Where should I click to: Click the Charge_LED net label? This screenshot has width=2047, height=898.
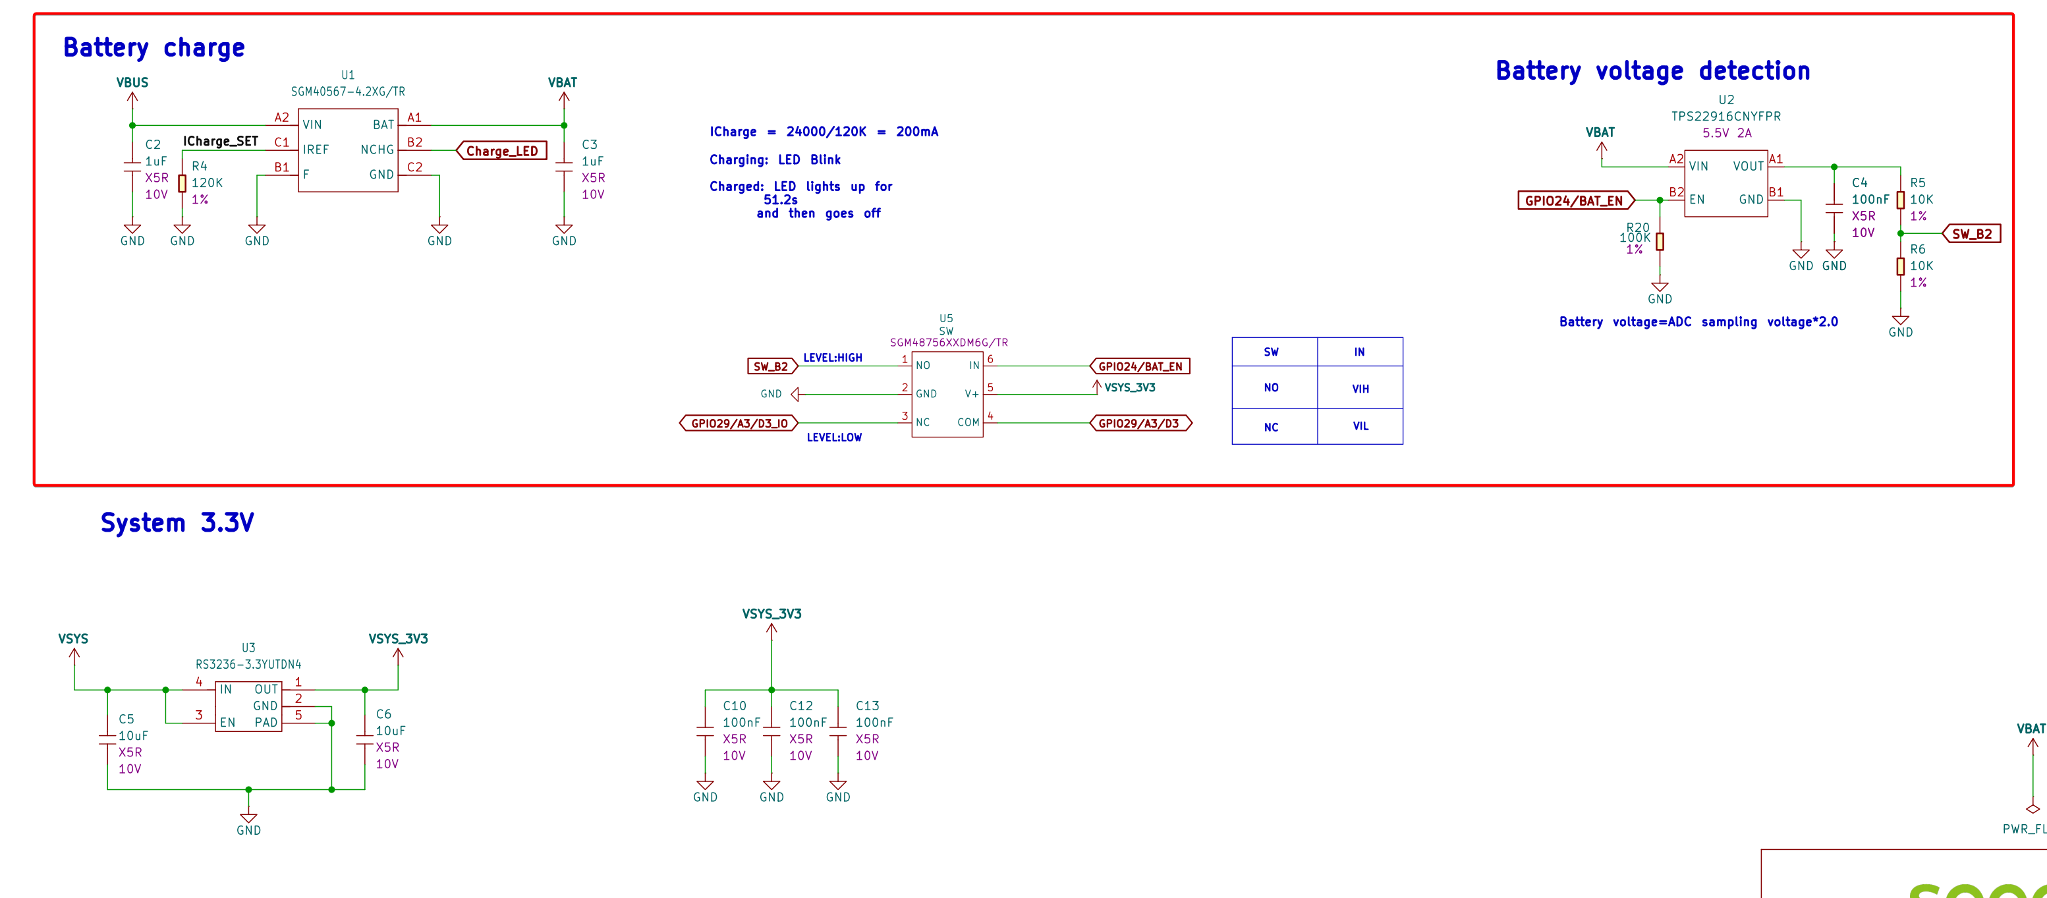tap(501, 151)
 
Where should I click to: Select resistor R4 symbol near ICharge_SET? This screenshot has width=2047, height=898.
tap(182, 184)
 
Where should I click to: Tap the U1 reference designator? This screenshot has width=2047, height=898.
tap(348, 74)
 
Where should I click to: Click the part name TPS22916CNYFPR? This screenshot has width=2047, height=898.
tap(1726, 116)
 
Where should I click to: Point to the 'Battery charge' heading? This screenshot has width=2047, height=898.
tap(154, 47)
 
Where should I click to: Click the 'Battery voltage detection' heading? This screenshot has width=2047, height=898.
tap(1653, 70)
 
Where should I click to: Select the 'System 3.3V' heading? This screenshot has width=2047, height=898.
tap(177, 523)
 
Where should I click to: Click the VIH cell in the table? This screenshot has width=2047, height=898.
tap(1360, 389)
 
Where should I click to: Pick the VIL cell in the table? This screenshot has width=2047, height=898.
tap(1360, 427)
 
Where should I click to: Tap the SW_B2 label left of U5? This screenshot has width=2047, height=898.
tap(771, 366)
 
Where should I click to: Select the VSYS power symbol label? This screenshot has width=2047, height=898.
tap(73, 639)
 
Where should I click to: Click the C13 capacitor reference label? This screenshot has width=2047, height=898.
tap(867, 706)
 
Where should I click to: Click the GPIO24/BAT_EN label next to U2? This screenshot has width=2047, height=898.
tap(1575, 200)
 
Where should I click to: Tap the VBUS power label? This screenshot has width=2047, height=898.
tap(132, 82)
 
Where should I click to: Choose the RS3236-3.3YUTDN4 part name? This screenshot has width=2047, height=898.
tap(249, 664)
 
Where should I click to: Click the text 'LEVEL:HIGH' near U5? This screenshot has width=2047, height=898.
tap(833, 358)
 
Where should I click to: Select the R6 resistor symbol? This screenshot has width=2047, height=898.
tap(1901, 267)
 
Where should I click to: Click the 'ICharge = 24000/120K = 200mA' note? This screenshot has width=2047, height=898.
tap(824, 132)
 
